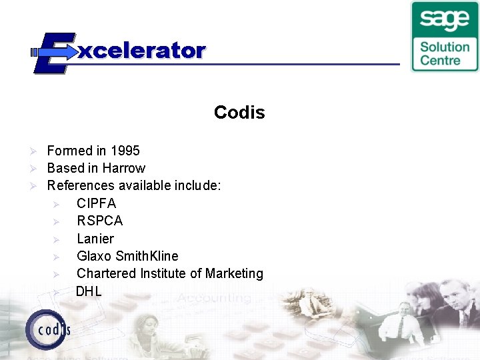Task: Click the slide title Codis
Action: [x=239, y=113]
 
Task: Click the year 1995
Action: [x=125, y=151]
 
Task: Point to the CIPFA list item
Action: [x=96, y=203]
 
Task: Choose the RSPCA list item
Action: [x=99, y=221]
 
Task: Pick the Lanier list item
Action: [x=95, y=239]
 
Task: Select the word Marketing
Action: [x=234, y=273]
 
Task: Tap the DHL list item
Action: [x=89, y=291]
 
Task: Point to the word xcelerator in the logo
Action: [x=142, y=51]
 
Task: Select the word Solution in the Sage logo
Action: [x=445, y=47]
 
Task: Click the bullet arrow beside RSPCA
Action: [x=57, y=221]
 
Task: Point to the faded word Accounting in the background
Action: [x=214, y=298]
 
